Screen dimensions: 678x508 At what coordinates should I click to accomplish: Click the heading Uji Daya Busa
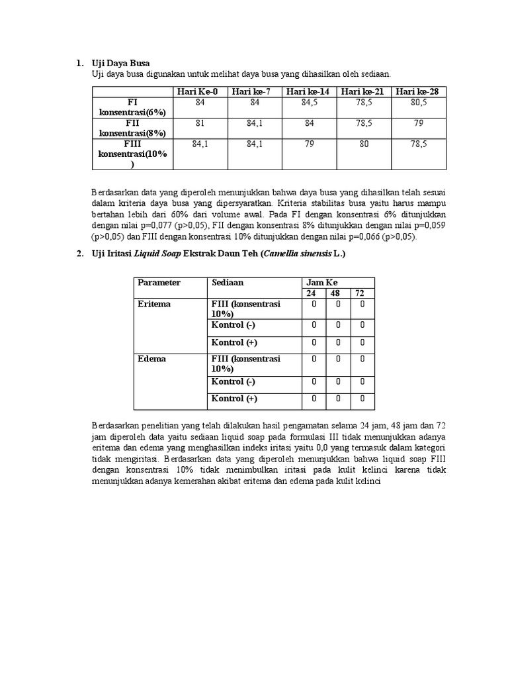[120, 63]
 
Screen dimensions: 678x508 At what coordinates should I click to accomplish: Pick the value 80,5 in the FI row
[419, 103]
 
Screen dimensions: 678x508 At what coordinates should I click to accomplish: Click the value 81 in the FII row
[200, 123]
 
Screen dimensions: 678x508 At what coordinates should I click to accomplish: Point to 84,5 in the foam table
[309, 103]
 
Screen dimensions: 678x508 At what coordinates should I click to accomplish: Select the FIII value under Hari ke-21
[364, 143]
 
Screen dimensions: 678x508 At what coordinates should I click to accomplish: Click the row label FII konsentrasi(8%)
[132, 128]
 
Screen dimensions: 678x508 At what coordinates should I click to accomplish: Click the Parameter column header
[159, 283]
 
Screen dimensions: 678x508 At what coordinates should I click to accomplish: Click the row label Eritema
[154, 304]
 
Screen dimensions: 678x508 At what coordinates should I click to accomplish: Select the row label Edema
[152, 359]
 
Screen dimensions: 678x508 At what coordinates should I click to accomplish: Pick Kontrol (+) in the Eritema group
[234, 343]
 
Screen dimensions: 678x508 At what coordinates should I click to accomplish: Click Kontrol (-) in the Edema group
[233, 382]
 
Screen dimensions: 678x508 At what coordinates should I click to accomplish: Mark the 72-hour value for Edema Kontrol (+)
[362, 399]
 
